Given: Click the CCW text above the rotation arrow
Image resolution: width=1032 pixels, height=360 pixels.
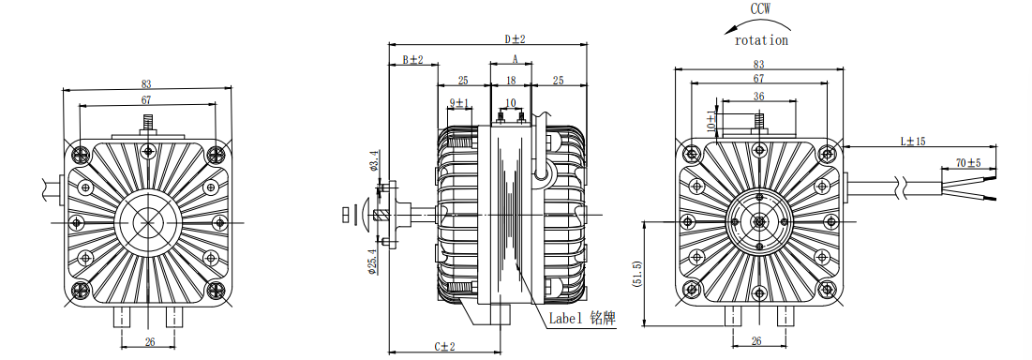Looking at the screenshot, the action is pos(761,9).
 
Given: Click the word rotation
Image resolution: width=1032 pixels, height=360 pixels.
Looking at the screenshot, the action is pos(761,40).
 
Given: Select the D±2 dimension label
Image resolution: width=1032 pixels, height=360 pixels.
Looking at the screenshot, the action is pos(516,39).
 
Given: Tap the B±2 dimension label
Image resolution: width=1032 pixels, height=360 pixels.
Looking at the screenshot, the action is pos(412,60).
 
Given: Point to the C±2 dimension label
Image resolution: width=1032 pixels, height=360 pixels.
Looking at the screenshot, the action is pos(445,346).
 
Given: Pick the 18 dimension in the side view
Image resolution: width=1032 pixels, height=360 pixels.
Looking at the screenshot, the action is pos(511,81).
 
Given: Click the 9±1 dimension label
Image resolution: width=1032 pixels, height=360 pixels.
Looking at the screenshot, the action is pos(458,103).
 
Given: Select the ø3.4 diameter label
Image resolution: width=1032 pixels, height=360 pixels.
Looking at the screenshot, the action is pos(373,161).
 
